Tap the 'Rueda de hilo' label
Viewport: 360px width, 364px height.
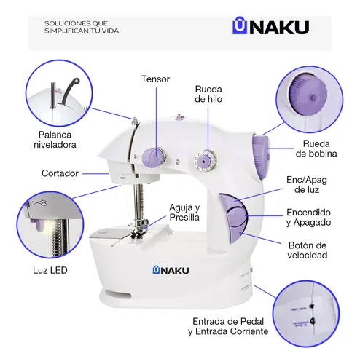tap(208, 94)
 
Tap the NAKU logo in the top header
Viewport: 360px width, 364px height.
tap(270, 27)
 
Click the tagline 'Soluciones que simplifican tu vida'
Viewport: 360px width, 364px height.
tap(81, 28)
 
